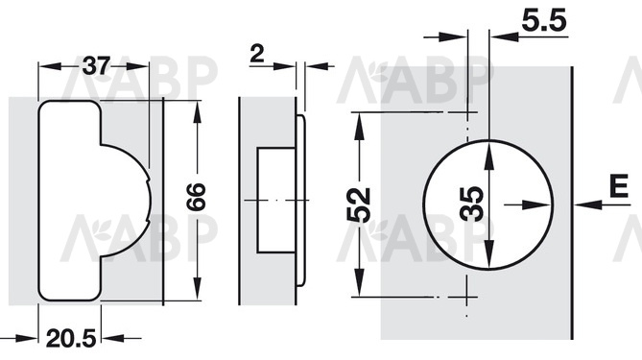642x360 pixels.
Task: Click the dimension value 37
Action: tap(97, 66)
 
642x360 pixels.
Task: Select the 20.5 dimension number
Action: tap(71, 339)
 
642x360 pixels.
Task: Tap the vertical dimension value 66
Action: tap(197, 197)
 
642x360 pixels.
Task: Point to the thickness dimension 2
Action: tap(257, 54)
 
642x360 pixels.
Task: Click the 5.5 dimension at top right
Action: tap(544, 21)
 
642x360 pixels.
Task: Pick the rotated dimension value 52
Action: tap(359, 204)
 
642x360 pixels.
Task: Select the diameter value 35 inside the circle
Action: tap(472, 204)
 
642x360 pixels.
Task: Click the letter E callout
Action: tap(618, 186)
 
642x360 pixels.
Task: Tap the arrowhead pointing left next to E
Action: tap(588, 204)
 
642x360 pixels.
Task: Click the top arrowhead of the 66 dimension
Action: tap(198, 112)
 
